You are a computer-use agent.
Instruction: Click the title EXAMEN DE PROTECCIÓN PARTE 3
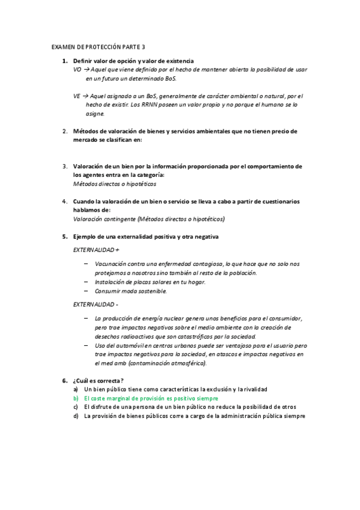click(99, 47)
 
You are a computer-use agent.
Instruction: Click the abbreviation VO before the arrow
click(76, 70)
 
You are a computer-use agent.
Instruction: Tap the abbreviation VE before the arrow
click(76, 96)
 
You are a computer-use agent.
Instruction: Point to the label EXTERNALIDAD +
click(96, 249)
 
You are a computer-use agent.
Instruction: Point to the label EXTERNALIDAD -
click(96, 305)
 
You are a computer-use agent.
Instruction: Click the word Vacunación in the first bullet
click(111, 264)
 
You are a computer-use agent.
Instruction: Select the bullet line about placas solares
click(150, 282)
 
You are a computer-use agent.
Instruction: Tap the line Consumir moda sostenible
click(131, 291)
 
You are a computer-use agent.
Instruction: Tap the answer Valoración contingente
click(105, 219)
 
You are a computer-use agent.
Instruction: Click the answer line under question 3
click(114, 183)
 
